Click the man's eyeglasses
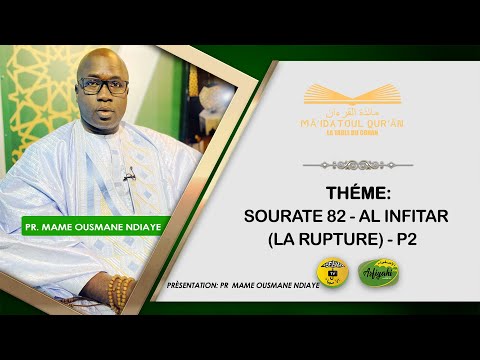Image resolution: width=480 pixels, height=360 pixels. click(x=103, y=86)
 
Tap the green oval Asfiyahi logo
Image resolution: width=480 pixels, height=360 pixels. click(x=376, y=273)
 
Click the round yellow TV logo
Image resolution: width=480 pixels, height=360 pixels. click(x=331, y=272)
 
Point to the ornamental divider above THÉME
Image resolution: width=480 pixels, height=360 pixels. click(x=357, y=165)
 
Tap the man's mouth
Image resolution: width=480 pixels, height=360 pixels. click(x=107, y=110)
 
